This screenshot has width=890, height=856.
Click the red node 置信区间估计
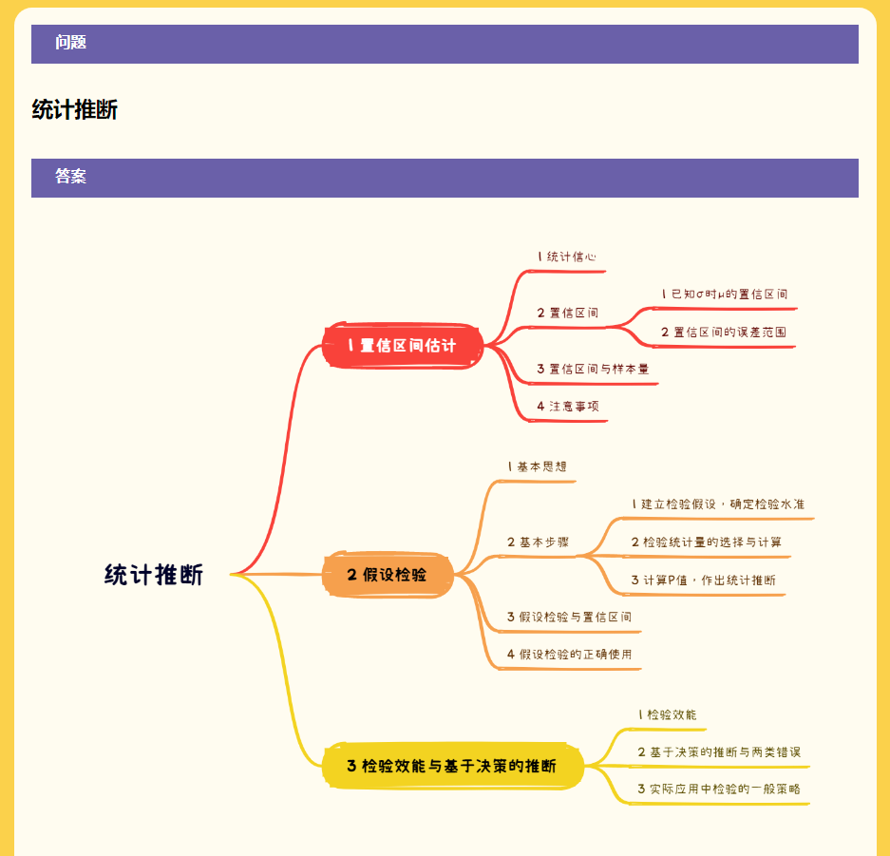[x=403, y=346]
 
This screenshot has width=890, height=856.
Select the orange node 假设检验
[x=388, y=575]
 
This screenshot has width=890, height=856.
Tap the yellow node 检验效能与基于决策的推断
[x=452, y=766]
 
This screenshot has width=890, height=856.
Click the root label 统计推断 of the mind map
[x=154, y=575]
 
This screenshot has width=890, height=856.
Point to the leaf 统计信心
[x=567, y=257]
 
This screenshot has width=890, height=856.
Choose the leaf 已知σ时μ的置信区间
[x=725, y=294]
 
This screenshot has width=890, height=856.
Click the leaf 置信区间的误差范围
[x=724, y=333]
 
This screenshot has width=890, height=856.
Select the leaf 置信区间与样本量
[x=593, y=369]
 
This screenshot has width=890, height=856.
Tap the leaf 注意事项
[x=568, y=407]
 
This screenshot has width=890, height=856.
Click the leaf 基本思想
[x=538, y=466]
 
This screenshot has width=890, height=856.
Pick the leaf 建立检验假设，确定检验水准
[x=718, y=504]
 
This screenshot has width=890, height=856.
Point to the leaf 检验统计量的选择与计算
[x=707, y=542]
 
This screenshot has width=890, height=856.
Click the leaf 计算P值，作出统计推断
[x=704, y=580]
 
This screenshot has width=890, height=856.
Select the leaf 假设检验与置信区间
[x=569, y=617]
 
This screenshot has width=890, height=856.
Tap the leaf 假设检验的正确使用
[x=569, y=655]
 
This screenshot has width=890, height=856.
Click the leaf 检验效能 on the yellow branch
[x=668, y=714]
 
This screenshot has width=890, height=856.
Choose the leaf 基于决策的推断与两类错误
[x=719, y=752]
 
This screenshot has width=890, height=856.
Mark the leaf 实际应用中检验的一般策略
[x=719, y=789]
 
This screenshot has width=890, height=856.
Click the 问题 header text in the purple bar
[x=71, y=43]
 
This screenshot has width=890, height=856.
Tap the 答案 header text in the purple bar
[x=71, y=177]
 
